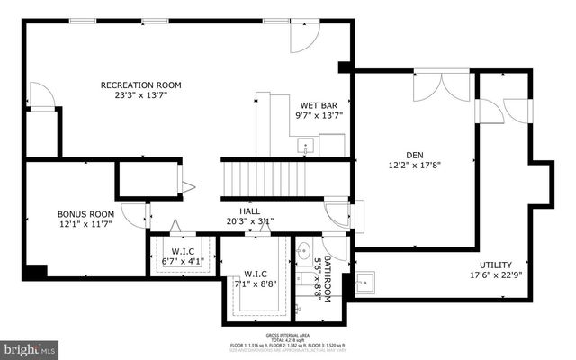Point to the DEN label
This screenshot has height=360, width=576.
414,154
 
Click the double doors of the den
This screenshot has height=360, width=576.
440,86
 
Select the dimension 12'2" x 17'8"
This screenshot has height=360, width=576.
414,165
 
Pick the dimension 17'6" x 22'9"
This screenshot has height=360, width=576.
496,276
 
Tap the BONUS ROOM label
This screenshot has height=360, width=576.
85,214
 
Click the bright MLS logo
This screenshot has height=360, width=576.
29,346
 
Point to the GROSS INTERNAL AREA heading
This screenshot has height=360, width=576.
287,335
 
